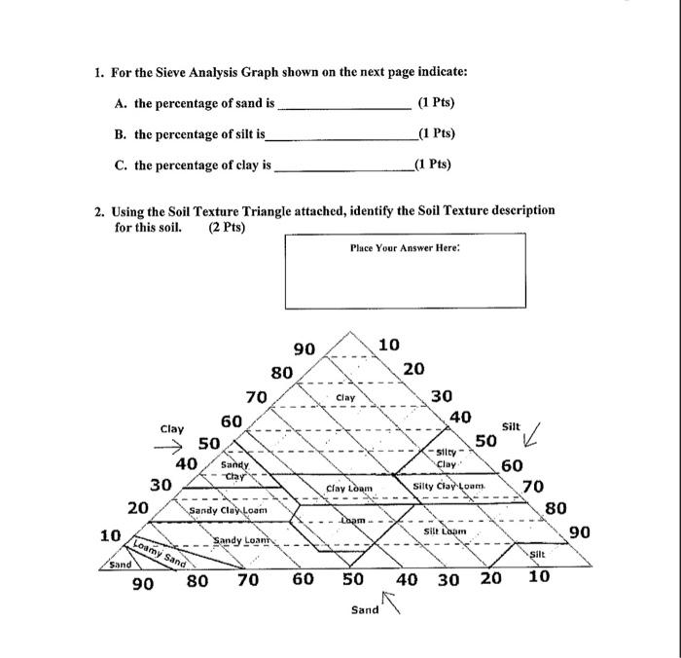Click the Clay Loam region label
(x=349, y=487)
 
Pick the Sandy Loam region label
(x=243, y=538)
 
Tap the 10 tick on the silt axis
(x=388, y=344)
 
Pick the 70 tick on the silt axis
(x=532, y=486)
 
